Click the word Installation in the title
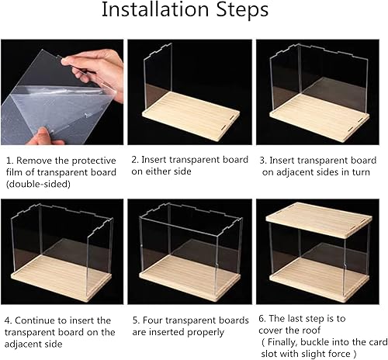[x=155, y=10]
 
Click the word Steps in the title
[x=242, y=10]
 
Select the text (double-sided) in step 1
[x=38, y=184]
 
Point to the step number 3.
[x=263, y=161]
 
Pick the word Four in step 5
[x=153, y=320]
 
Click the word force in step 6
[x=339, y=353]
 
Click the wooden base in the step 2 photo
[x=191, y=116]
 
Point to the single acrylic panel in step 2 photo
[x=158, y=76]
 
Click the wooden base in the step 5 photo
[x=190, y=278]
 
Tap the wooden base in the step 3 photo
[x=320, y=118]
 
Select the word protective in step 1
[x=94, y=161]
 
